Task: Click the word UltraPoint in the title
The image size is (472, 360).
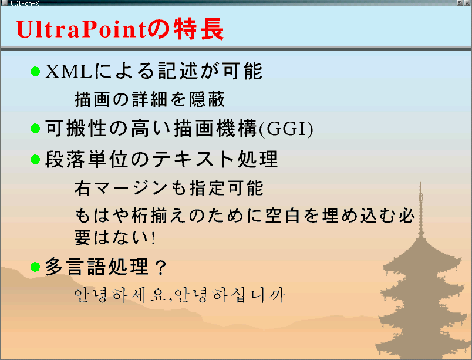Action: coord(81,29)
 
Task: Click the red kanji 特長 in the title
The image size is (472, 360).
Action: coord(198,29)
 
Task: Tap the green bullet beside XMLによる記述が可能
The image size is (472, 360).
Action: coord(35,71)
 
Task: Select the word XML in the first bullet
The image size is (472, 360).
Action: coord(69,72)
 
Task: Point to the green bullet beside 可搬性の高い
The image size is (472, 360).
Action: coord(35,128)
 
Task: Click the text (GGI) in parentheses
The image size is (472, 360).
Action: coord(286,129)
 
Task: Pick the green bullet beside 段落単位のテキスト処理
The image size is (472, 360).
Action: coord(35,159)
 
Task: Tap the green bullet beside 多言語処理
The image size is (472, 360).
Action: coord(35,267)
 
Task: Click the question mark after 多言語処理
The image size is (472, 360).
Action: coord(161,268)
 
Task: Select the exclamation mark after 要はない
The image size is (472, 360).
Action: coord(153,238)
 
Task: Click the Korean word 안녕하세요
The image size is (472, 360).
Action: coord(120,295)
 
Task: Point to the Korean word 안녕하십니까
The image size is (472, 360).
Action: coord(230,295)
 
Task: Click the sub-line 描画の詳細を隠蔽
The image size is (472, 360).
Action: coord(150,99)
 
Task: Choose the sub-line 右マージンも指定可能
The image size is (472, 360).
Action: coord(169,188)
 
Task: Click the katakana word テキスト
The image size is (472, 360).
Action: coord(193,159)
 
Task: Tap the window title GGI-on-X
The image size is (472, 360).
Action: coord(25,4)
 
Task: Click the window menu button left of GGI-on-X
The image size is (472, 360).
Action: coord(4,3)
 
